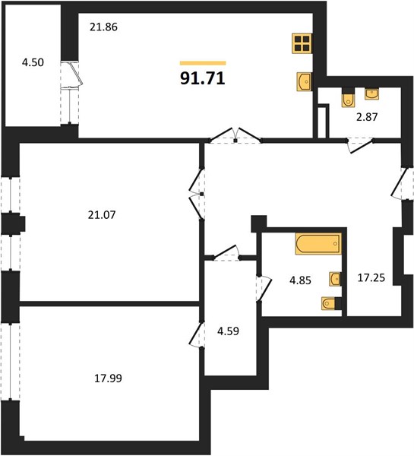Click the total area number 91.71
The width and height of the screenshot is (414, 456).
(203, 78)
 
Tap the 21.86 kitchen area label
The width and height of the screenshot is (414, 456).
(103, 27)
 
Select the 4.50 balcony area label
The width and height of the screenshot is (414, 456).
(33, 62)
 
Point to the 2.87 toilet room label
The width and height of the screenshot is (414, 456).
(367, 117)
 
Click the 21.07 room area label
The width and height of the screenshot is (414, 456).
(102, 215)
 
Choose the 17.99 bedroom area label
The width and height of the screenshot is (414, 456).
(108, 378)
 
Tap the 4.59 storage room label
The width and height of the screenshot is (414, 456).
(229, 331)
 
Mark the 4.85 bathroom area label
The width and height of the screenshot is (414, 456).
(300, 280)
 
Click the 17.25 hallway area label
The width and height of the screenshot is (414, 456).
(371, 277)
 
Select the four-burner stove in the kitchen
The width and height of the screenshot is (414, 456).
(302, 43)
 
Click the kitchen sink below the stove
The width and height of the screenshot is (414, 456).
(304, 82)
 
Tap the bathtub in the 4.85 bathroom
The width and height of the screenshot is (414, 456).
(318, 244)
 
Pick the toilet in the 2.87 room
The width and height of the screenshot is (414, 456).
(348, 97)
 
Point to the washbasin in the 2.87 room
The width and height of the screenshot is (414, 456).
(372, 94)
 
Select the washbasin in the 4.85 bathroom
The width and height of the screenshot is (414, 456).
(335, 279)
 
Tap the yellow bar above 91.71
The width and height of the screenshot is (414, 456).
(203, 63)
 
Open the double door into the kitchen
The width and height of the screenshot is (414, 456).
(235, 135)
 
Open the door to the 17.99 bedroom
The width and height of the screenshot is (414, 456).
(197, 334)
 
